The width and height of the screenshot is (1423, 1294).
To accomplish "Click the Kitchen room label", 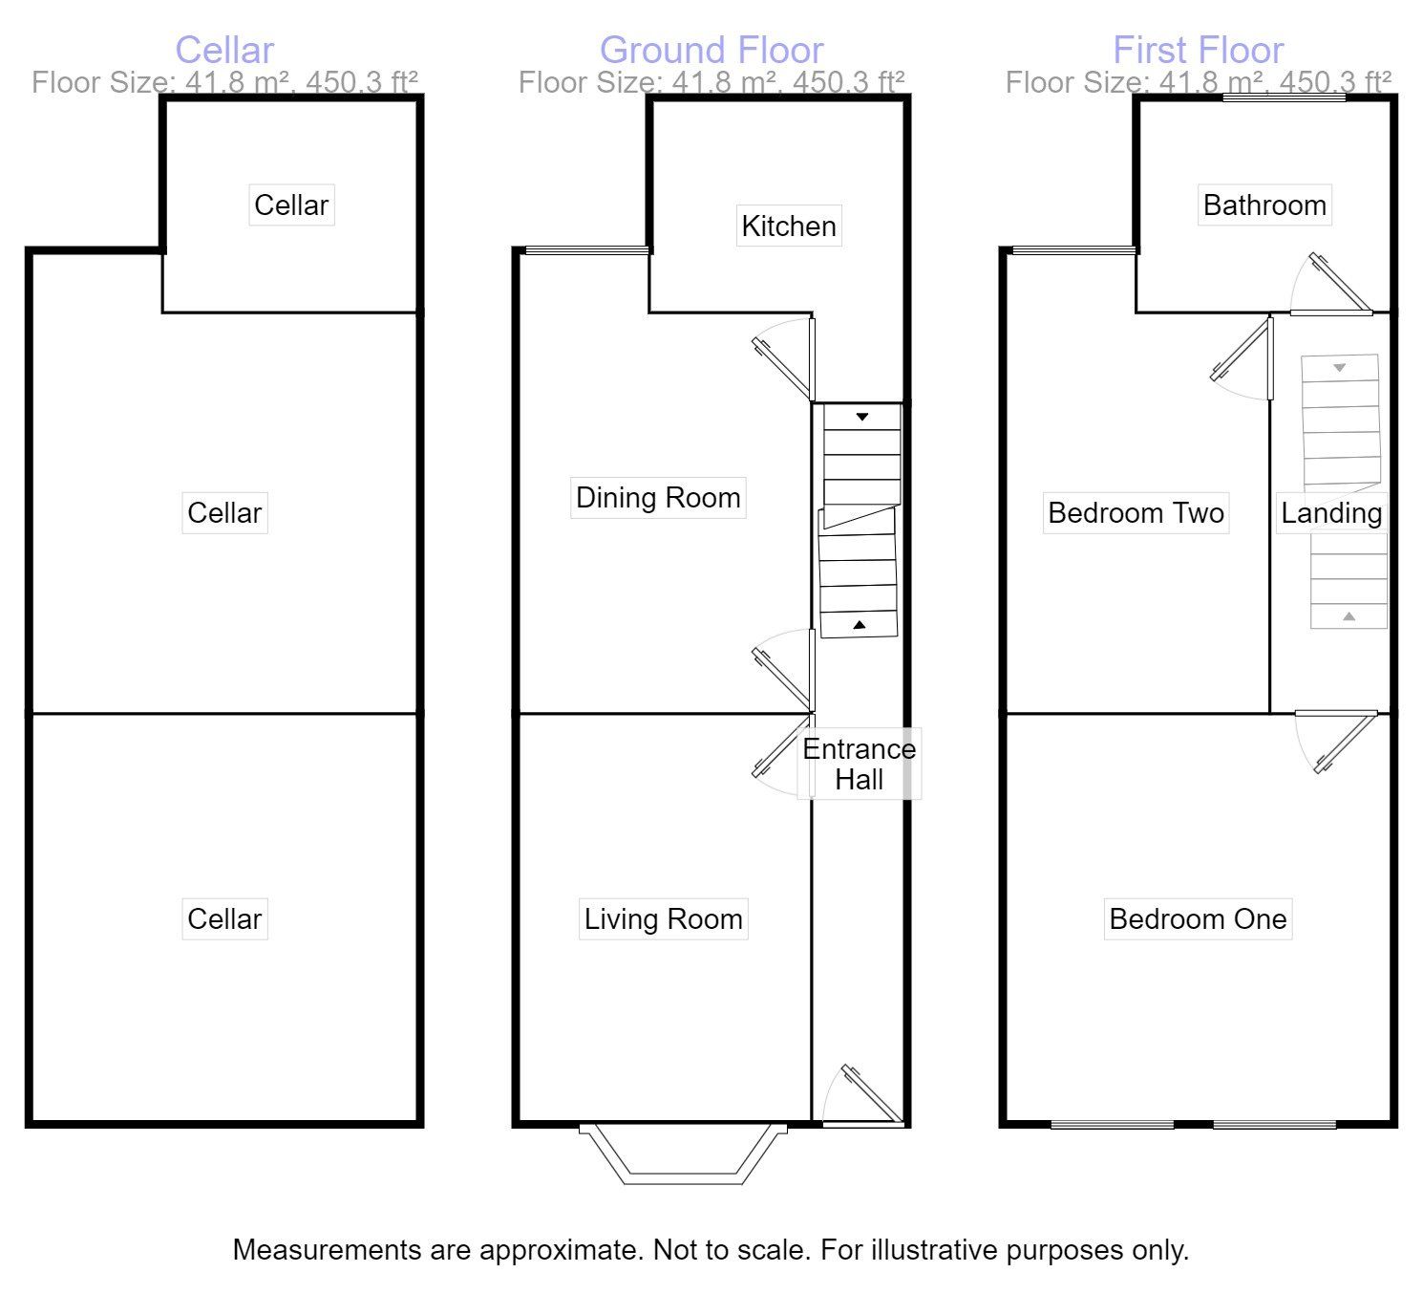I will click(789, 226).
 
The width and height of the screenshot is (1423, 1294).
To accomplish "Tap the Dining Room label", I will click(658, 498).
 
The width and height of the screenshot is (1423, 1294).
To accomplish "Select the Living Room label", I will click(663, 919).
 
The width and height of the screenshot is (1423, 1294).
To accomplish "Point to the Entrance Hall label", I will click(859, 765).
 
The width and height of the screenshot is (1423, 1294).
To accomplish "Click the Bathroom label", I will click(1264, 205).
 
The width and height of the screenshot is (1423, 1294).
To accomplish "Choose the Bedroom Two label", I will click(1136, 513).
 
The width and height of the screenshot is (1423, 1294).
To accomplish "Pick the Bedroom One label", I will click(1198, 919).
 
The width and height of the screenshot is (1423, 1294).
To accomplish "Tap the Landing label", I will click(1331, 513).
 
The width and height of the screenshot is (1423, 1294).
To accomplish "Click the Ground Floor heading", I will click(711, 50).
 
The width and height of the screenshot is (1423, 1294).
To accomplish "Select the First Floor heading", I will click(1198, 50).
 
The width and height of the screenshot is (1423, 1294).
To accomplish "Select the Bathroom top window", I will click(1285, 97).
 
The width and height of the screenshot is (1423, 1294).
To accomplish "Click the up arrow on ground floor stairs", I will click(860, 625).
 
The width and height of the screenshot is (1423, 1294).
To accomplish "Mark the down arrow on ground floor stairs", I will click(862, 417).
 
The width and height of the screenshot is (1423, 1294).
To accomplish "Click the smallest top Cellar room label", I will click(291, 205).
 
